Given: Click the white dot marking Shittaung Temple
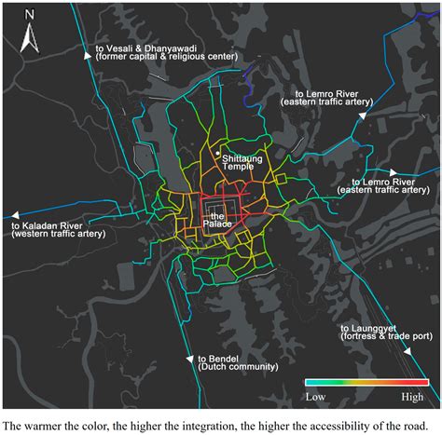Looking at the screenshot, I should [217, 153].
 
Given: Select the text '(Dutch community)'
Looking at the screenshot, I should [238, 367].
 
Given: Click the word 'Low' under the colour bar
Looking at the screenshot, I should [316, 396].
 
